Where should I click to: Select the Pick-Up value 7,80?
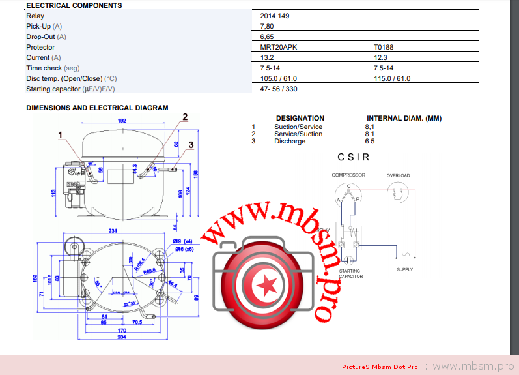point(266,26)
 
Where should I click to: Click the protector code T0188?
point(384,47)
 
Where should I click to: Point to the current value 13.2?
point(267,57)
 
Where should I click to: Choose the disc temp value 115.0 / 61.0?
point(392,78)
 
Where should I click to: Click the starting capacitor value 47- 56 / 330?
point(279,89)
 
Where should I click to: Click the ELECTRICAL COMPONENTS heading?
point(74,5)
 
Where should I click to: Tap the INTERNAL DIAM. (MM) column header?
point(404,119)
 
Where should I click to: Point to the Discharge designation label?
point(290,141)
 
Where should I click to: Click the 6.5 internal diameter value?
point(370,141)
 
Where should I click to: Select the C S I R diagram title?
point(354,157)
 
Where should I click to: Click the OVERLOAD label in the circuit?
point(398,175)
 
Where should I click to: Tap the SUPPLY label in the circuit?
point(404,269)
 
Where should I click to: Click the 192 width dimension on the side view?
point(122,121)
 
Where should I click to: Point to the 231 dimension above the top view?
point(113,231)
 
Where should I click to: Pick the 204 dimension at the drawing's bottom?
point(121,337)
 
